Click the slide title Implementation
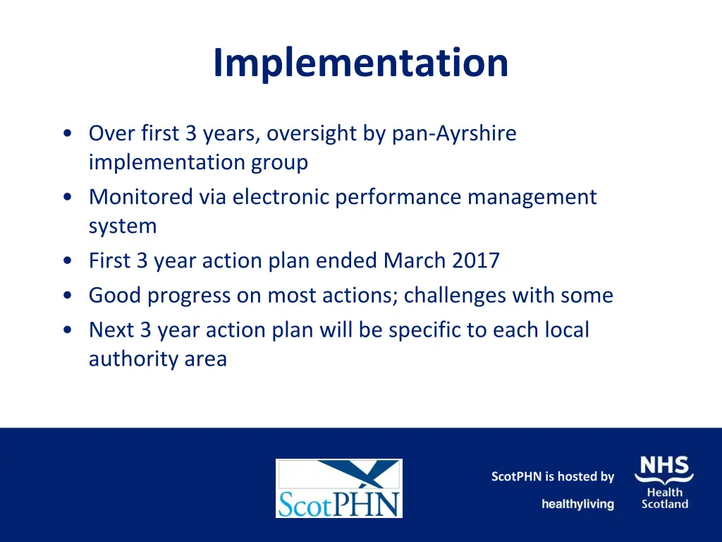(x=360, y=62)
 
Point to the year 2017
(x=475, y=260)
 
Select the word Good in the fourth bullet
(x=115, y=295)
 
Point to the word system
(x=123, y=227)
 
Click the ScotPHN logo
(x=338, y=488)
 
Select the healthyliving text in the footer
(x=577, y=504)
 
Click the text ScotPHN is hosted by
(x=553, y=477)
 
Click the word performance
(x=398, y=197)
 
